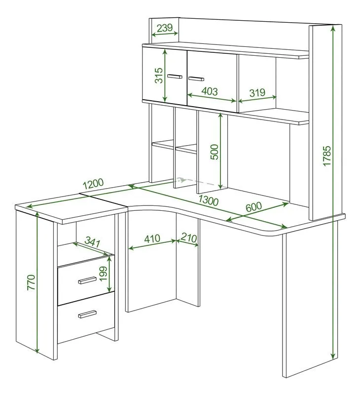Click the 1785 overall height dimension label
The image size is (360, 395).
[x=326, y=156]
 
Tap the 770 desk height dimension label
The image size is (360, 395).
[x=31, y=282]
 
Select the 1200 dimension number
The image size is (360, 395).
[x=93, y=184]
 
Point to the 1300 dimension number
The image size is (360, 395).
[x=208, y=200]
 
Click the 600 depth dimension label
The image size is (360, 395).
[x=253, y=207]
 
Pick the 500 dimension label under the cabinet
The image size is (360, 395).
[x=215, y=152]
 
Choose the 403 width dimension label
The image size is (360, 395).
[x=210, y=91]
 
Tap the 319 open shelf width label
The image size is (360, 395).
[x=257, y=92]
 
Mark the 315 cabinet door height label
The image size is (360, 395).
[x=159, y=76]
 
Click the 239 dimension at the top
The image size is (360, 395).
[x=165, y=28]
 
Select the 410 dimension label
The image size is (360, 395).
[x=152, y=238]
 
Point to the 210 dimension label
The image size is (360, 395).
[x=188, y=237]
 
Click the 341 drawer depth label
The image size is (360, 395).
[x=93, y=241]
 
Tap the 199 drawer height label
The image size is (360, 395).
[x=103, y=274]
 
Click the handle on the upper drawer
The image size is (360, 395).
[x=87, y=280]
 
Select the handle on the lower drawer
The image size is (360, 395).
[x=87, y=314]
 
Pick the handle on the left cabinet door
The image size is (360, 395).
[x=175, y=77]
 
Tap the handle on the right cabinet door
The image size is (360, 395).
[x=196, y=79]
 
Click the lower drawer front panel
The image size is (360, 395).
[x=86, y=318]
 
